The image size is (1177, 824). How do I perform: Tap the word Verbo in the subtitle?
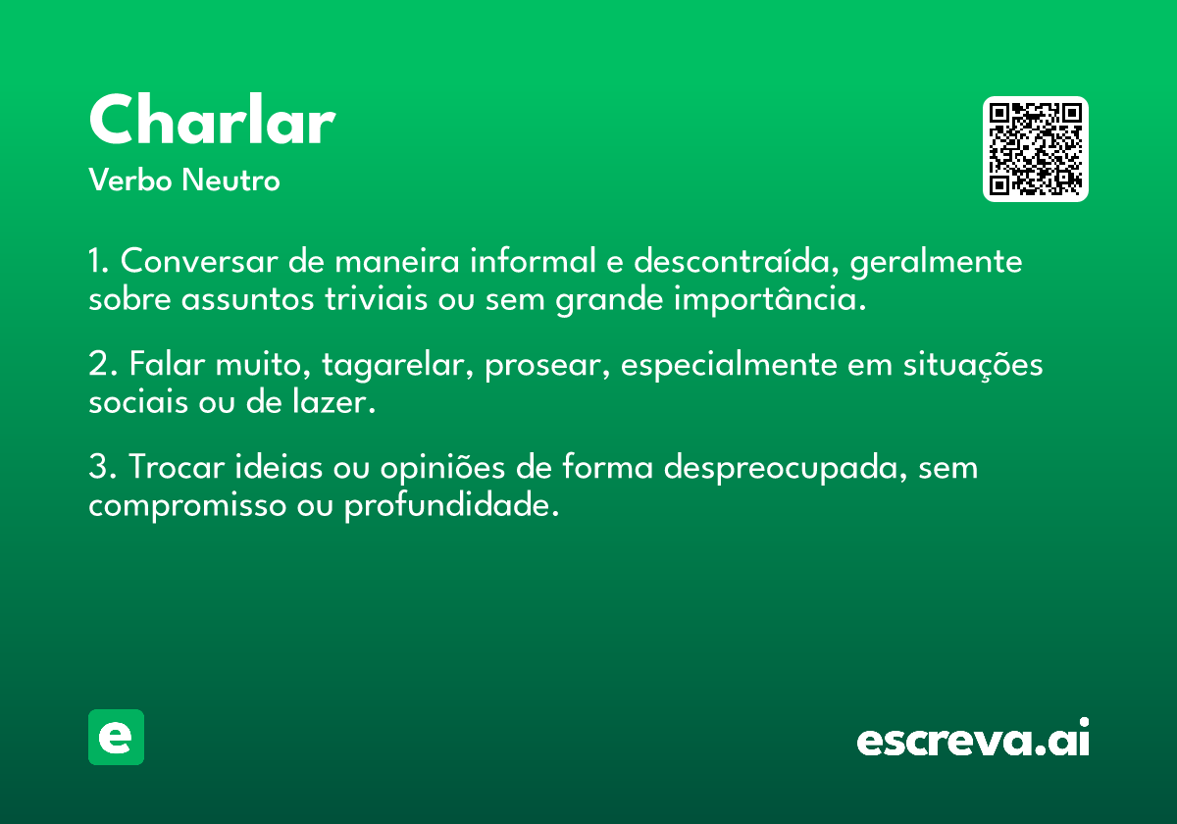point(130,180)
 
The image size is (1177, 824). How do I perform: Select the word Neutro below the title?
point(230,180)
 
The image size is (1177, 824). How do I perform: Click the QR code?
point(1035,149)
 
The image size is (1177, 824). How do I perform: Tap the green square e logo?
point(116,737)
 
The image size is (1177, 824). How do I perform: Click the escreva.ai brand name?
point(973,738)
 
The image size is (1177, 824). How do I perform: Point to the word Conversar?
point(199,261)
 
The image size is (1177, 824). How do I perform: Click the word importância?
point(770,299)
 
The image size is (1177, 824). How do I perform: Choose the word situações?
point(973,365)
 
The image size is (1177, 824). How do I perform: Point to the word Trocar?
point(177,467)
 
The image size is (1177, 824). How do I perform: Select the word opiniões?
point(442,468)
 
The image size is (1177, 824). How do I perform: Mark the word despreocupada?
point(785,468)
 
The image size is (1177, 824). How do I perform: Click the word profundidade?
point(451,505)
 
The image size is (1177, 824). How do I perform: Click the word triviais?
point(376,299)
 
